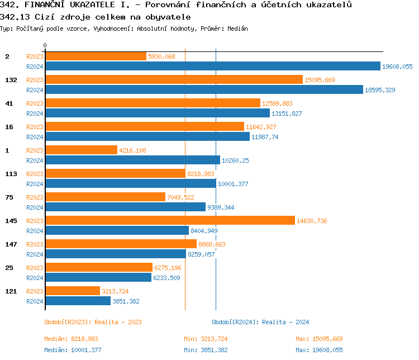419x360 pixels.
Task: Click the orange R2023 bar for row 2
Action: (x=95, y=56)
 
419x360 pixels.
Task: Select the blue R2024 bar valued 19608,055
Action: (x=212, y=67)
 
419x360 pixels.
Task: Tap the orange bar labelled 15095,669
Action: (x=173, y=80)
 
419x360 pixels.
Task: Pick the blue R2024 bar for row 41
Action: (x=157, y=113)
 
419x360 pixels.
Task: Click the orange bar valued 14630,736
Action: (x=169, y=221)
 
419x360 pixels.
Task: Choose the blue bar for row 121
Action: (x=78, y=301)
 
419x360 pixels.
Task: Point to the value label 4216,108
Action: (x=133, y=150)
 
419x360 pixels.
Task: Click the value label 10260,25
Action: (x=235, y=160)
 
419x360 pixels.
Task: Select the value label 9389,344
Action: (x=221, y=207)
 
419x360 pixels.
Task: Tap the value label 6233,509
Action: (x=167, y=278)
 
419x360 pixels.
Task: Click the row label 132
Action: (x=11, y=80)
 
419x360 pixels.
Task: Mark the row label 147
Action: (x=11, y=244)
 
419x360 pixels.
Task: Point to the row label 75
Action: (x=9, y=197)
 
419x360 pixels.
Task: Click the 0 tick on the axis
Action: (x=45, y=45)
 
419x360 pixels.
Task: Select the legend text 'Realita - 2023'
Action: (x=118, y=322)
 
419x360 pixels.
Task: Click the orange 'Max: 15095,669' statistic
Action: (x=319, y=339)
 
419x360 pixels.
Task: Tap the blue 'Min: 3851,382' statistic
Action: (x=206, y=350)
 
